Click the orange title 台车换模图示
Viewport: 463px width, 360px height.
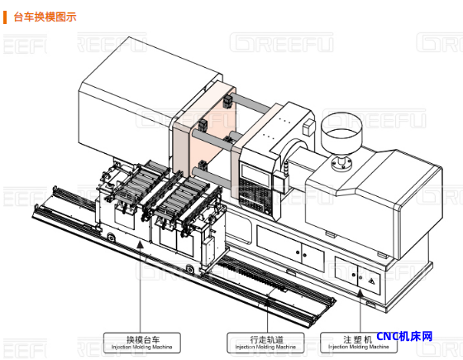pos(45,17)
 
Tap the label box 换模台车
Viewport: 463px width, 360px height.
pos(141,343)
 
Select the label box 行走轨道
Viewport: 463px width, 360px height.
pos(265,343)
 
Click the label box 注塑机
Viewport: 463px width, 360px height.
pos(359,343)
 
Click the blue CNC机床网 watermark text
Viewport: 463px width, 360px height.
pos(404,336)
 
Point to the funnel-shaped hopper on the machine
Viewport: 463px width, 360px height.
pos(341,133)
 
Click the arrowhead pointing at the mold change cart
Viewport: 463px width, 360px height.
pos(141,244)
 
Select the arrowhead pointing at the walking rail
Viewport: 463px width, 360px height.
pos(268,302)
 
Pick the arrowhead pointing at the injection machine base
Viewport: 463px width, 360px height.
pos(360,293)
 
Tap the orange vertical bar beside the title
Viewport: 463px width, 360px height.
pos(5,17)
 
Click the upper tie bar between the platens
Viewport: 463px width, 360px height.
pos(251,103)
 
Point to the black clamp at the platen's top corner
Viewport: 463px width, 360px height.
pos(227,101)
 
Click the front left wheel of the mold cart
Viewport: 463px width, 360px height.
pos(112,237)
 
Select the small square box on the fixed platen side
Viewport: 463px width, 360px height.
pos(308,127)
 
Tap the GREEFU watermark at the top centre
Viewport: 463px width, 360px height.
pos(281,42)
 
